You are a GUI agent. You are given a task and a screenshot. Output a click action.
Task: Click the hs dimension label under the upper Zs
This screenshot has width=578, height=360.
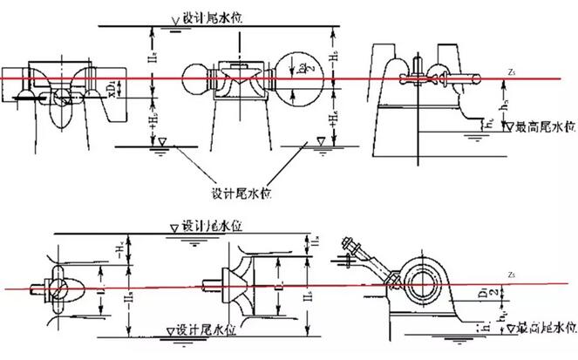point(503,101)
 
